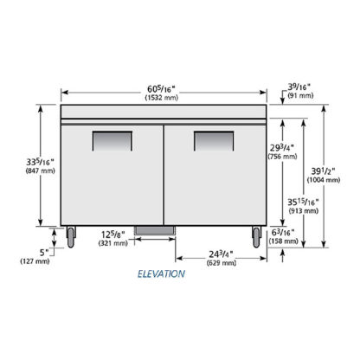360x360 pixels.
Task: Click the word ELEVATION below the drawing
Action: [161, 273]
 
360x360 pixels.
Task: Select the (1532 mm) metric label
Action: [162, 98]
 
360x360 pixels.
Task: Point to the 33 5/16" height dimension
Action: [40, 162]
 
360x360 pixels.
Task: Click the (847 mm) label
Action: [41, 170]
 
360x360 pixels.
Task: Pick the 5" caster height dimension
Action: [45, 253]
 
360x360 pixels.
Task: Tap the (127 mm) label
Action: [35, 261]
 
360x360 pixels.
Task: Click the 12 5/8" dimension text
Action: [113, 235]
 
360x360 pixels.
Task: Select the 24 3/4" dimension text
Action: [222, 254]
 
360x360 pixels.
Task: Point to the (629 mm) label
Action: [222, 263]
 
